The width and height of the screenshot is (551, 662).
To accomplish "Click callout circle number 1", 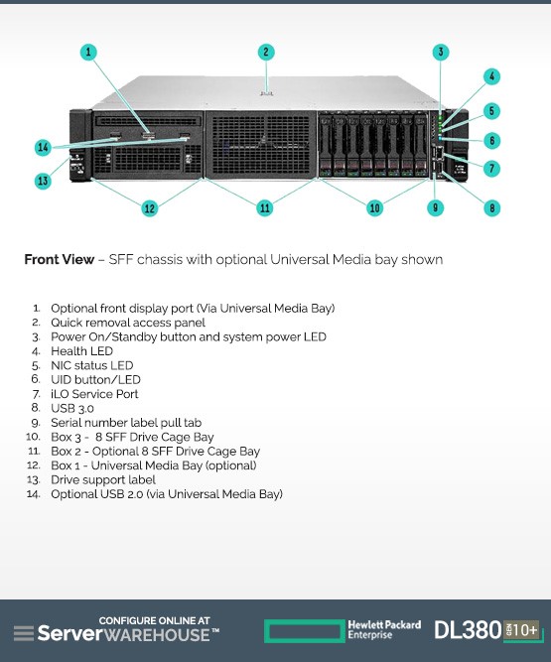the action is [88, 52].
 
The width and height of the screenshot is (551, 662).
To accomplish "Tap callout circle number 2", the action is [266, 52].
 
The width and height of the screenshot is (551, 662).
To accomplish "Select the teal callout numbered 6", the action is [491, 141].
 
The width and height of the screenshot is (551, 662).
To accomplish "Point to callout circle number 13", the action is [43, 181].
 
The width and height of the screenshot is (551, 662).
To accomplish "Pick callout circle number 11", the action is [265, 207].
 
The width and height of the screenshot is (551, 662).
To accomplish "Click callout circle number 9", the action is [435, 207].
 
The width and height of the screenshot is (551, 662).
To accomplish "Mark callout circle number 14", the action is [43, 147].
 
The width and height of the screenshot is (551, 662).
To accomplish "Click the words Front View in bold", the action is [60, 259].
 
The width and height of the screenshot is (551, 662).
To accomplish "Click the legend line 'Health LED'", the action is [82, 351].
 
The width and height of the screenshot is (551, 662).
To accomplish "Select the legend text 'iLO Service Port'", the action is [94, 394].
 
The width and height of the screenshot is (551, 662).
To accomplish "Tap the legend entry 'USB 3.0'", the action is [72, 408].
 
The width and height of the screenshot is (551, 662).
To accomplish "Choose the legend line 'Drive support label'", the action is [103, 480].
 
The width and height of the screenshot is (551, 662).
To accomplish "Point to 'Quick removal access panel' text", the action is [128, 323].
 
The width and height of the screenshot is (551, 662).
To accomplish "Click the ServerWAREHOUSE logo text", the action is [128, 634].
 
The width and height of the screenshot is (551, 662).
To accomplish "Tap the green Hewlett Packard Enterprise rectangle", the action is [305, 631].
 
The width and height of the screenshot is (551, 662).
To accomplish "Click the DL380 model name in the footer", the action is [468, 630].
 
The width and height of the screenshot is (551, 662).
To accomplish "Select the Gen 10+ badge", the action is [521, 631].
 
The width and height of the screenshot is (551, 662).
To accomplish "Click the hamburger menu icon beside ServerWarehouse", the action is [24, 633].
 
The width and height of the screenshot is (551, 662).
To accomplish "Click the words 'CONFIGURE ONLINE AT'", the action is [154, 620].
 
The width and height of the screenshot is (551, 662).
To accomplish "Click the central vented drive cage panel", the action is [260, 144].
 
